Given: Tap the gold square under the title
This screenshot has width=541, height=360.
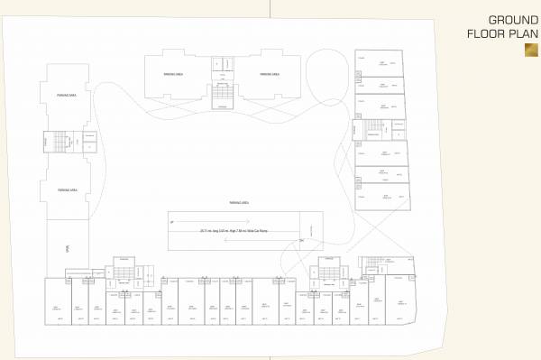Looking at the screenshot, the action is [x=530, y=51].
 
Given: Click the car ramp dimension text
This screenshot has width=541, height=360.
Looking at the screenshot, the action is [x=234, y=231].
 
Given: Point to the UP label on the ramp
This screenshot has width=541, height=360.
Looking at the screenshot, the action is [x=170, y=221].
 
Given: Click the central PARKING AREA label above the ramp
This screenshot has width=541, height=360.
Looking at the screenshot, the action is [x=239, y=203].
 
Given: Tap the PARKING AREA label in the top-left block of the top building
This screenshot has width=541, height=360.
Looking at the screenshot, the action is [x=174, y=74].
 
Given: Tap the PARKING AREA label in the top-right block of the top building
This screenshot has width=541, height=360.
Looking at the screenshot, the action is [x=268, y=74].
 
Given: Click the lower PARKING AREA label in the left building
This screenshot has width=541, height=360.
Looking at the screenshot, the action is [x=65, y=190].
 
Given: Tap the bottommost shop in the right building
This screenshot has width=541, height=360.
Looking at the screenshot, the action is [x=382, y=198].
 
